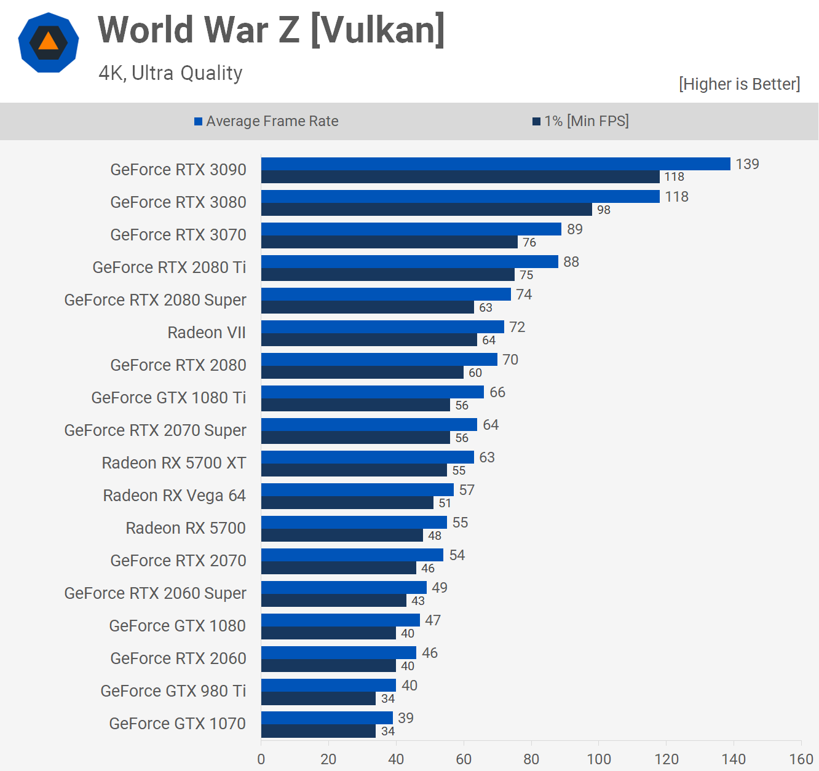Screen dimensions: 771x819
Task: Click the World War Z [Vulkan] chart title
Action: pos(271,30)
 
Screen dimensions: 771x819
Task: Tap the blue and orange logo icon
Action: pos(49,42)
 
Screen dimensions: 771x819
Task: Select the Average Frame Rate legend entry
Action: pos(266,121)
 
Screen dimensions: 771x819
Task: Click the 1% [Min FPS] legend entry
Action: pos(580,121)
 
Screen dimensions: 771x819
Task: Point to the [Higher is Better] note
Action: pos(739,84)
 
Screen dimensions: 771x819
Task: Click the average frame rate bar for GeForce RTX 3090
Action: pos(496,164)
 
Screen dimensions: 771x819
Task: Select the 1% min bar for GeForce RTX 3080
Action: pos(426,210)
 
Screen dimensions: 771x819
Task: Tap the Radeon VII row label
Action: pos(207,333)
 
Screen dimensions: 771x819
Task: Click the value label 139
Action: pos(747,164)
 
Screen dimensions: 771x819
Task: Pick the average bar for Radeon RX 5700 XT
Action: pos(367,457)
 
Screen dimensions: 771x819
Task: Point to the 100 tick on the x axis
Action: pos(599,759)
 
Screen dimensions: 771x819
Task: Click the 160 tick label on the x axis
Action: pos(801,759)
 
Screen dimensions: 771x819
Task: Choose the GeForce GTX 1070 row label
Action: pos(177,724)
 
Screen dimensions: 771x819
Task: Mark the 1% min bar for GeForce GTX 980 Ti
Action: pos(318,698)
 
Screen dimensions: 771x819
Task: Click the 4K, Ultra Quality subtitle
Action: pos(170,73)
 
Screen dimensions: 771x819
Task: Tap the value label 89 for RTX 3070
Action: pos(575,229)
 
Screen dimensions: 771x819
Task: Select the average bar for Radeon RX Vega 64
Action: pos(357,489)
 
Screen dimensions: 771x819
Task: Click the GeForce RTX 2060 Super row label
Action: pos(155,593)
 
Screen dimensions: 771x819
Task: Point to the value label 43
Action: pos(418,601)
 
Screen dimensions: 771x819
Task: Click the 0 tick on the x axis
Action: pos(261,759)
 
